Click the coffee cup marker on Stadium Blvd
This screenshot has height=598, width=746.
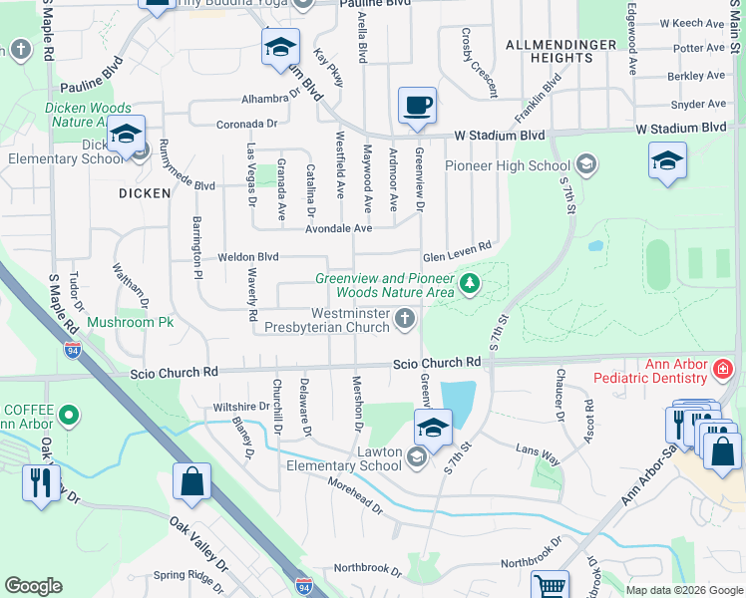[x=417, y=105]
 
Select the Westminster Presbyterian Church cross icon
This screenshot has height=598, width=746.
[x=404, y=319]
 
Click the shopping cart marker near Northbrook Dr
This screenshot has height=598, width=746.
[x=550, y=586]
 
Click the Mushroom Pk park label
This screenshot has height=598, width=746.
[x=131, y=323]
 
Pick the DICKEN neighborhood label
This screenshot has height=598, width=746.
[x=145, y=193]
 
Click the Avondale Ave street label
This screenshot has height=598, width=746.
[x=337, y=227]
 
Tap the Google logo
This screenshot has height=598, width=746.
[x=33, y=586]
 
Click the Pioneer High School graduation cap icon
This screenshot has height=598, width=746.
[x=586, y=164]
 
